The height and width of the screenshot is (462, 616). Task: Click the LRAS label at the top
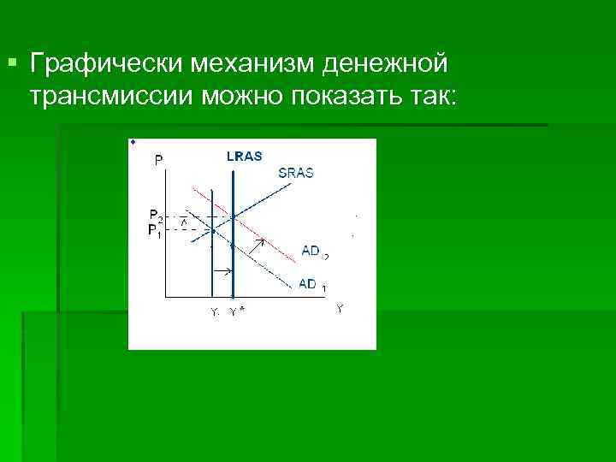tap(244, 156)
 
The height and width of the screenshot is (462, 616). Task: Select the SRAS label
tap(296, 173)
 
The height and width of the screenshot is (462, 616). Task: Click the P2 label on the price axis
tap(156, 215)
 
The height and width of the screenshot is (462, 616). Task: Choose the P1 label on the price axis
tap(155, 230)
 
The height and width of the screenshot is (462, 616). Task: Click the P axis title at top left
tap(160, 158)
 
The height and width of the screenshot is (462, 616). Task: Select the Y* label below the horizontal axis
tap(237, 311)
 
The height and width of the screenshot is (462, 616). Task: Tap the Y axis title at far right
tap(340, 308)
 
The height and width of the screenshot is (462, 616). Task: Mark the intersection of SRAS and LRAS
tap(233, 215)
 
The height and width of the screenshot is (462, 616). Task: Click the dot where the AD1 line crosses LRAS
tap(233, 245)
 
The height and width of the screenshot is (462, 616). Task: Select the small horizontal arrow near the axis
tap(222, 271)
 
